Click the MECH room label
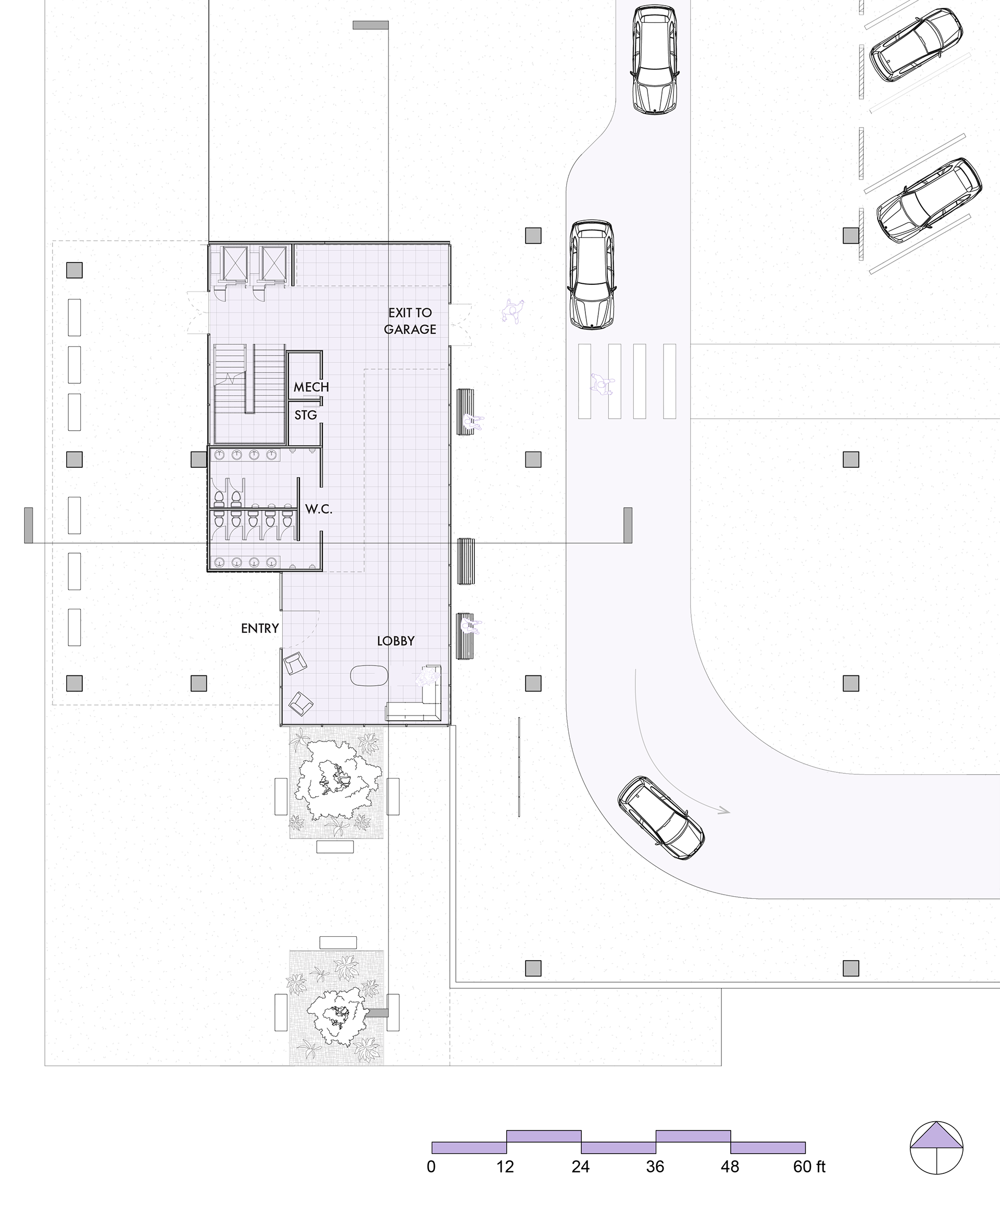point(311,387)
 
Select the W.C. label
point(319,509)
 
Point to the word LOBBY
point(396,641)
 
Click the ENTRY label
point(260,629)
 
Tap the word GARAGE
point(410,330)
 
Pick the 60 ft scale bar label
point(809,1167)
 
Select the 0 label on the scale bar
point(431,1167)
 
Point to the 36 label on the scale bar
point(656,1167)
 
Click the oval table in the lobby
point(369,675)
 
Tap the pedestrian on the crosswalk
point(602,384)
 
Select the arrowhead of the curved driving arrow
point(724,811)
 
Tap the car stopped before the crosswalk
point(592,274)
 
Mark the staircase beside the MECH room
point(249,393)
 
